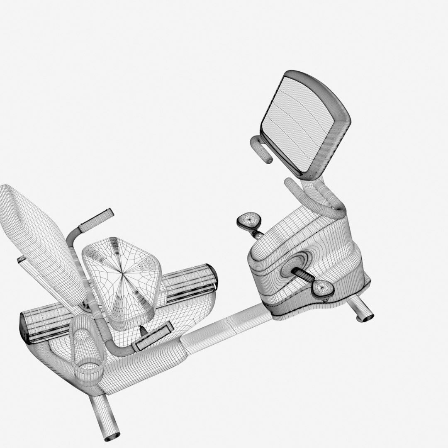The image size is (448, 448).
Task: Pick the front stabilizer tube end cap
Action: (365, 317)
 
